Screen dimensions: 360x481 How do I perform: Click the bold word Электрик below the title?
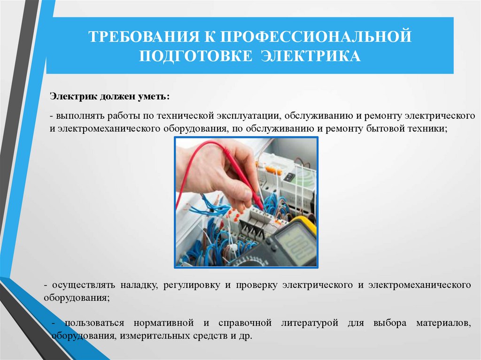[73, 97]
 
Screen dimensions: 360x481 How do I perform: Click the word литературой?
[310, 323]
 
